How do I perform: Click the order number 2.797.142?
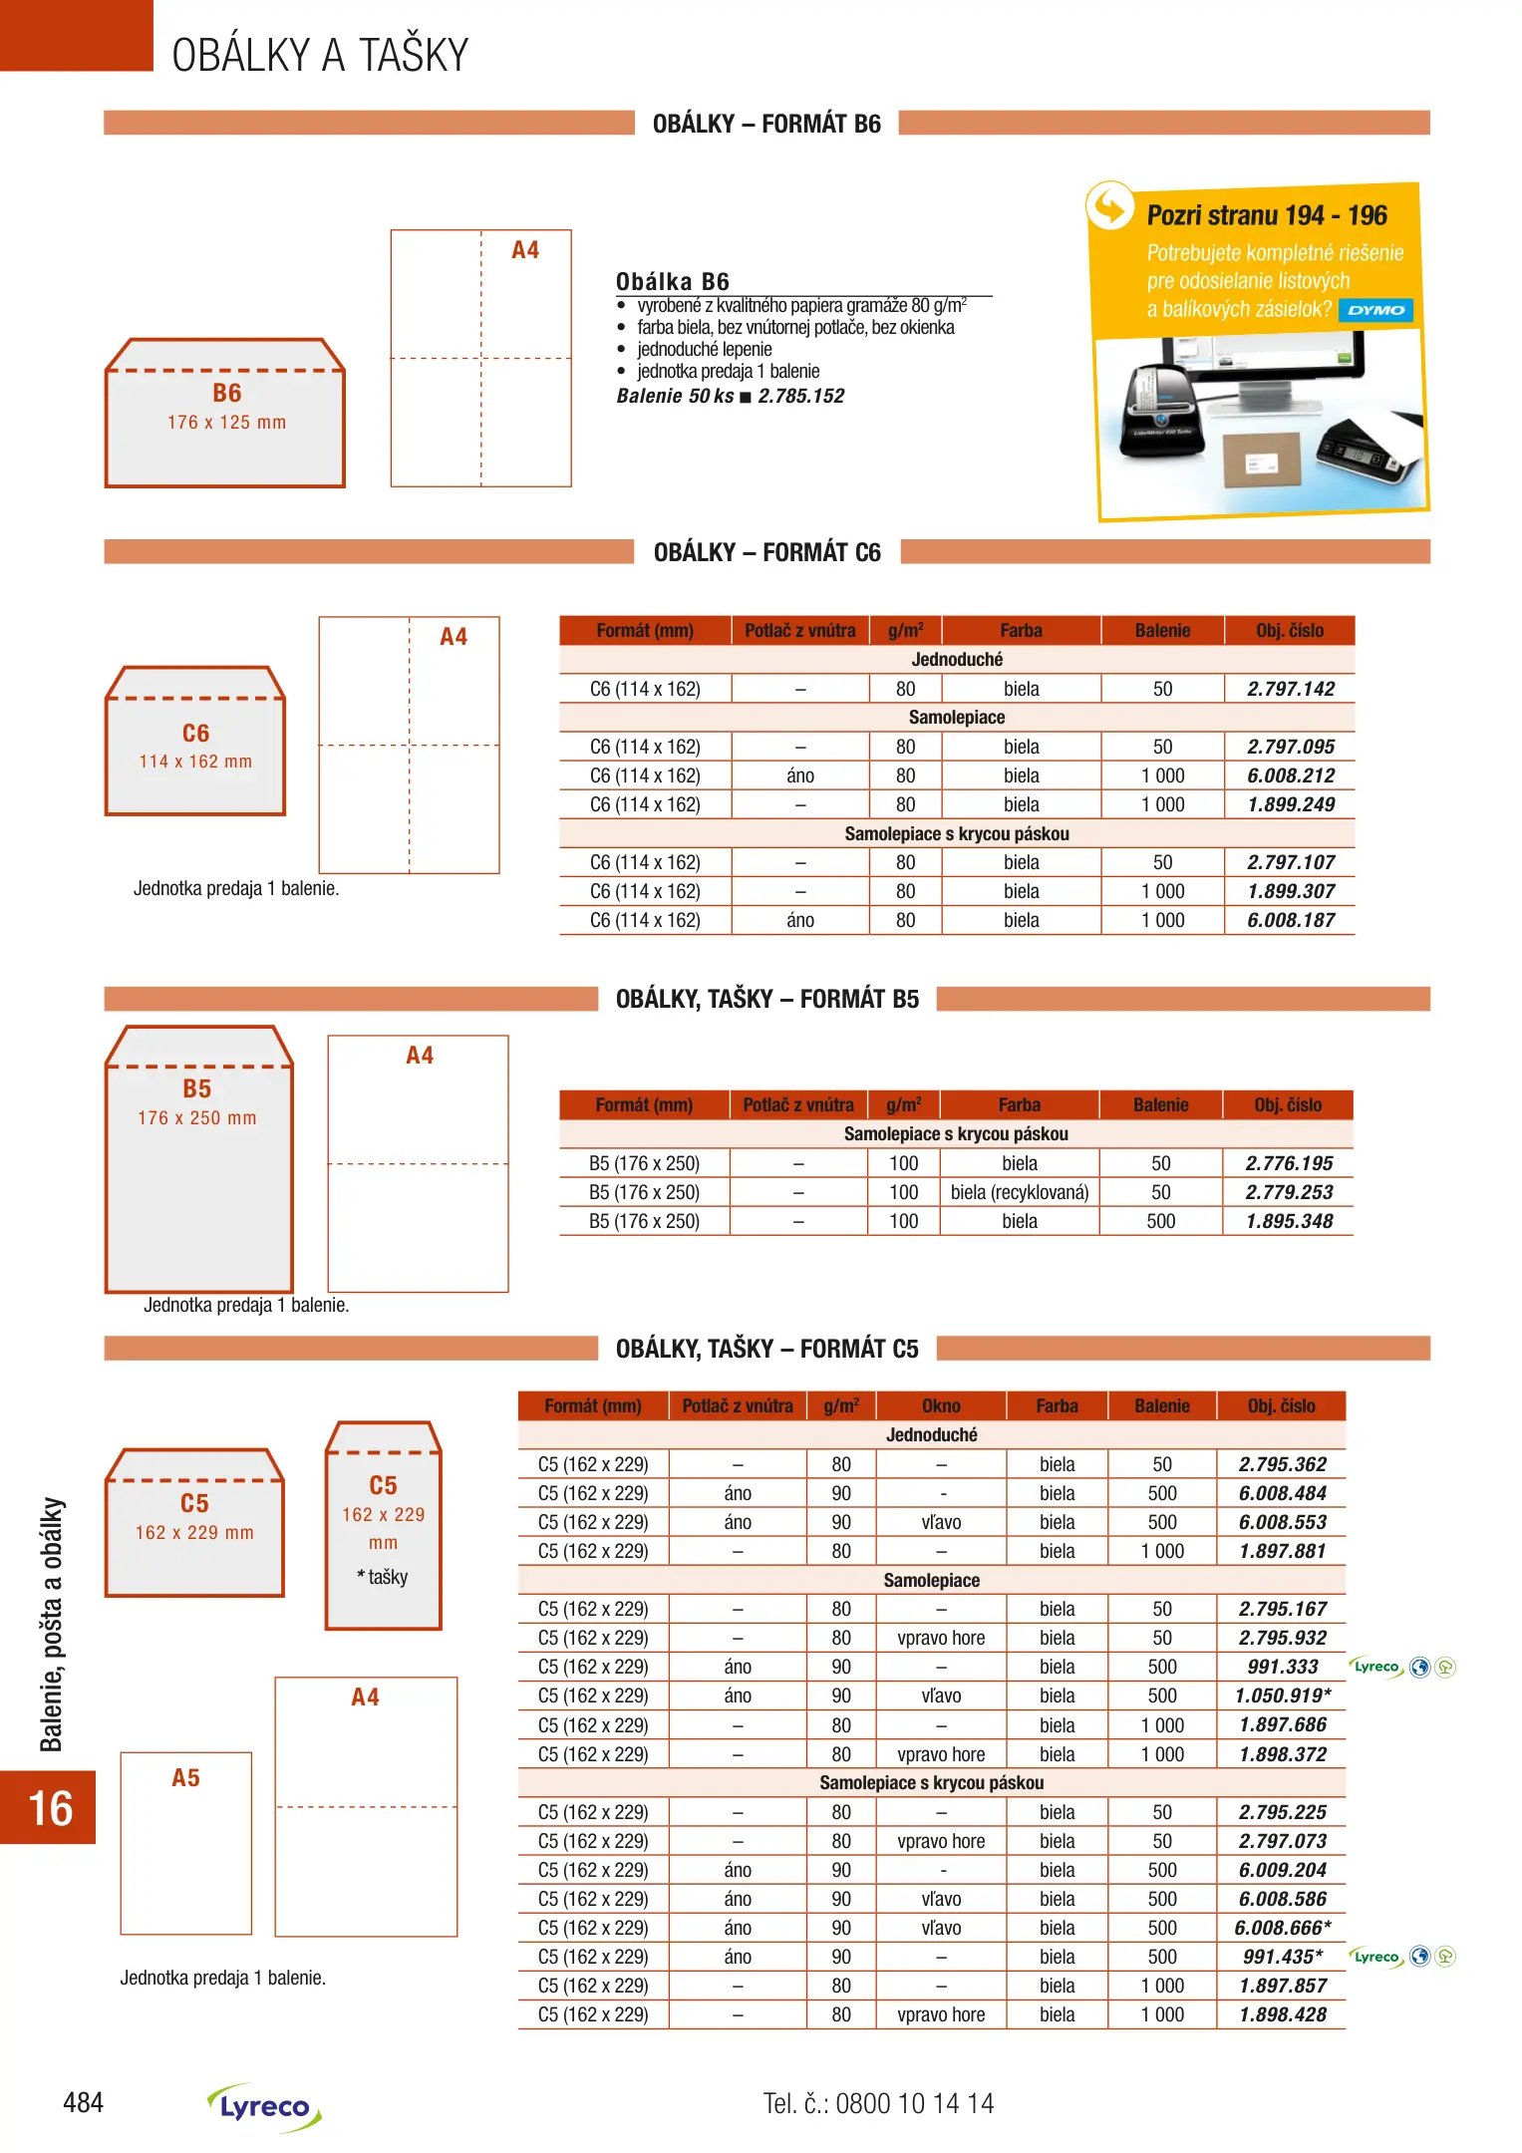pos(1290,689)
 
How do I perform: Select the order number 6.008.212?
pos(1290,775)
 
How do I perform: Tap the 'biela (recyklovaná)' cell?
pos(1019,1192)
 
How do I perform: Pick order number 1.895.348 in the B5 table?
pos(1288,1221)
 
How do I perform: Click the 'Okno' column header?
pos(941,1405)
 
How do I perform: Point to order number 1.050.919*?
pos(1282,1695)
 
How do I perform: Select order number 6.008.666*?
pos(1282,1928)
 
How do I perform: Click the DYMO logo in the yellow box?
pos(1375,310)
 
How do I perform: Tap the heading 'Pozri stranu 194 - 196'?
pos(1266,215)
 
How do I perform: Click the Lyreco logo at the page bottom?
pos(264,2107)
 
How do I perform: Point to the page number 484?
pos(83,2103)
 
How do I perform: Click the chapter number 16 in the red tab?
pos(50,1808)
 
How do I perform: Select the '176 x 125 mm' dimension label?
pos(226,423)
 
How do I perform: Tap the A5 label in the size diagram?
pos(185,1778)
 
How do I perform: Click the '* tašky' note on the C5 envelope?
pos(383,1577)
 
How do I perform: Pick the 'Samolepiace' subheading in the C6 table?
pos(956,718)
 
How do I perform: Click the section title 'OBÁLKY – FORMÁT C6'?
pos(766,552)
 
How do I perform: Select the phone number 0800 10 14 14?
pos(914,2103)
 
